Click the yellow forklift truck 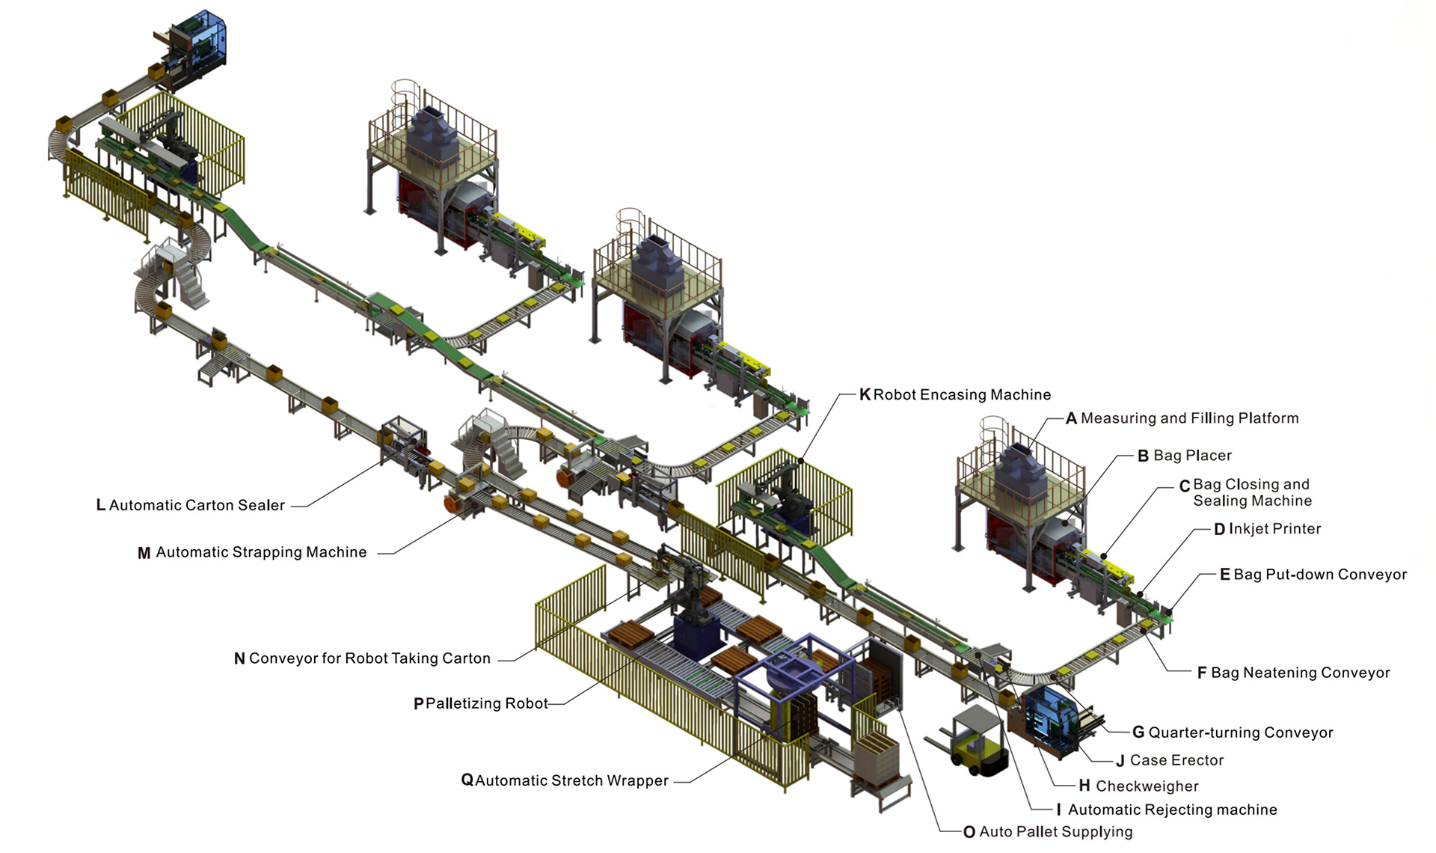click(969, 741)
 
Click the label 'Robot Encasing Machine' click(962, 394)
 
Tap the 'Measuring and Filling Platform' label click(1189, 418)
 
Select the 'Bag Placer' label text click(1192, 456)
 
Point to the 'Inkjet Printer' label click(1274, 529)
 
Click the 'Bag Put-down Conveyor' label click(1319, 575)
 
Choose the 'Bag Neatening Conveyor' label click(1300, 673)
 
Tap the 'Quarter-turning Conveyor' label click(1240, 733)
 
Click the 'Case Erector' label click(1176, 760)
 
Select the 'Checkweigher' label click(1147, 786)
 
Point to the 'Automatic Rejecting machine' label click(1172, 810)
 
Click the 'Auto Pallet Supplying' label click(1055, 831)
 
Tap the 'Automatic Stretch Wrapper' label click(571, 780)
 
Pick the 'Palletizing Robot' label click(486, 703)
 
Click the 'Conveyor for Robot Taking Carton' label click(369, 658)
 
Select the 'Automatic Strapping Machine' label click(261, 552)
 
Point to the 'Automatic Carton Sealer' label click(197, 505)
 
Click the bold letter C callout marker click(1185, 486)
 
